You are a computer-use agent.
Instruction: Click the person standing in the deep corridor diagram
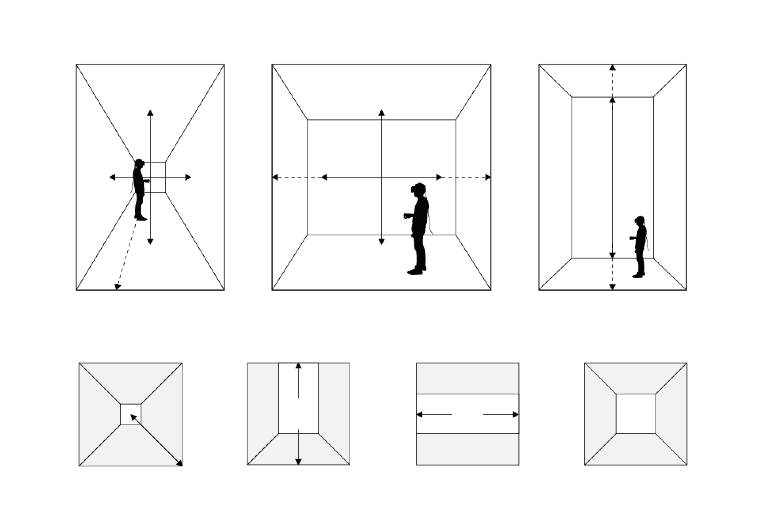tap(139, 190)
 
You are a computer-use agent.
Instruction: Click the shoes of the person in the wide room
tap(416, 271)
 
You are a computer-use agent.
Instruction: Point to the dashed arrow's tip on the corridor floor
tap(117, 287)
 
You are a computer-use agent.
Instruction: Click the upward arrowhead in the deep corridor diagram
tap(150, 113)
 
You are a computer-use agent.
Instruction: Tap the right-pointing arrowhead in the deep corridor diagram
tap(188, 177)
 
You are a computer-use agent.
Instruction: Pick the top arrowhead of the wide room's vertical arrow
tap(381, 113)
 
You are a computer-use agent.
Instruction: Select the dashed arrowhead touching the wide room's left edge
tap(275, 177)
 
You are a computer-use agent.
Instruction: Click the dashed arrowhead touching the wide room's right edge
tap(488, 177)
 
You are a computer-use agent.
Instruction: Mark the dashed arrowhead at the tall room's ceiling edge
tap(612, 67)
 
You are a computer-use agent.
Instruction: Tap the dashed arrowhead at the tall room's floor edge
tap(612, 287)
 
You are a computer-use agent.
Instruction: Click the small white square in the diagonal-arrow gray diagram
tap(131, 414)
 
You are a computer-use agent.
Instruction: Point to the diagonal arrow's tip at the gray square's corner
tap(180, 463)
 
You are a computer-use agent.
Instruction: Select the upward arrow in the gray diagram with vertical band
tap(298, 380)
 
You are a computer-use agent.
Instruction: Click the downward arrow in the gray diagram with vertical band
tap(298, 447)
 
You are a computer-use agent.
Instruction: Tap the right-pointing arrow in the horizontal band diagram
tap(501, 415)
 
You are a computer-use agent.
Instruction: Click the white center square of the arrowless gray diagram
tap(636, 414)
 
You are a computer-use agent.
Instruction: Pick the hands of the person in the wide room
tap(407, 216)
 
